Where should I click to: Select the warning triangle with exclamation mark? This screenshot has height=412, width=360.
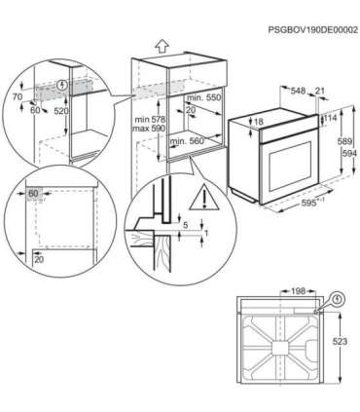(x=204, y=203)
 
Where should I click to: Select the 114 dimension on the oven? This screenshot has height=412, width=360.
(x=331, y=118)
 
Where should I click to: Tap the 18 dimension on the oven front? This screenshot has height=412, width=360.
(x=258, y=122)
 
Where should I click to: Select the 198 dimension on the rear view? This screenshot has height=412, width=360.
(x=298, y=290)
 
